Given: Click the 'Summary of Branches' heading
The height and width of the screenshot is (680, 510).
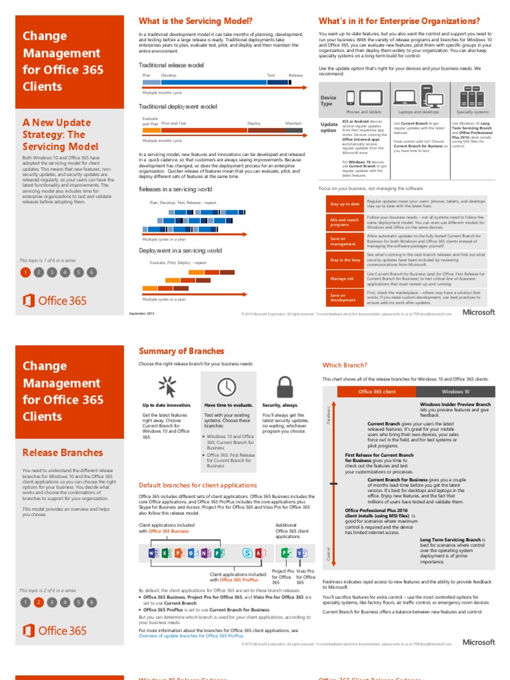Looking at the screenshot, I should point(181,351).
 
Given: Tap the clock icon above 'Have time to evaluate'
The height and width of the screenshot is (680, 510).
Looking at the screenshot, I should point(227,386).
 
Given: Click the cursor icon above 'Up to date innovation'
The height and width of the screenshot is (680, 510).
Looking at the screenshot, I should point(166,386).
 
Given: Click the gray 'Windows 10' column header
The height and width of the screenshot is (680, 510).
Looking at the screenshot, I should point(456,392).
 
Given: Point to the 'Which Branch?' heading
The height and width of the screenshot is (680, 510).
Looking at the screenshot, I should point(345,365).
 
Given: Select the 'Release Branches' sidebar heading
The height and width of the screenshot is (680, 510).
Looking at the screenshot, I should point(62,453).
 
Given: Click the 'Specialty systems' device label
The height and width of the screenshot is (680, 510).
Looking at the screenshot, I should point(472,112).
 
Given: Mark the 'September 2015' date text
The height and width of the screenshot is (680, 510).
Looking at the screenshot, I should point(141,313).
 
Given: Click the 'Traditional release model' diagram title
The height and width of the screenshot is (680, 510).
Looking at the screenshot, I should point(171,65).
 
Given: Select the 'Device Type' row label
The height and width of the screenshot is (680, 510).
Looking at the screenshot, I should point(328,100).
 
